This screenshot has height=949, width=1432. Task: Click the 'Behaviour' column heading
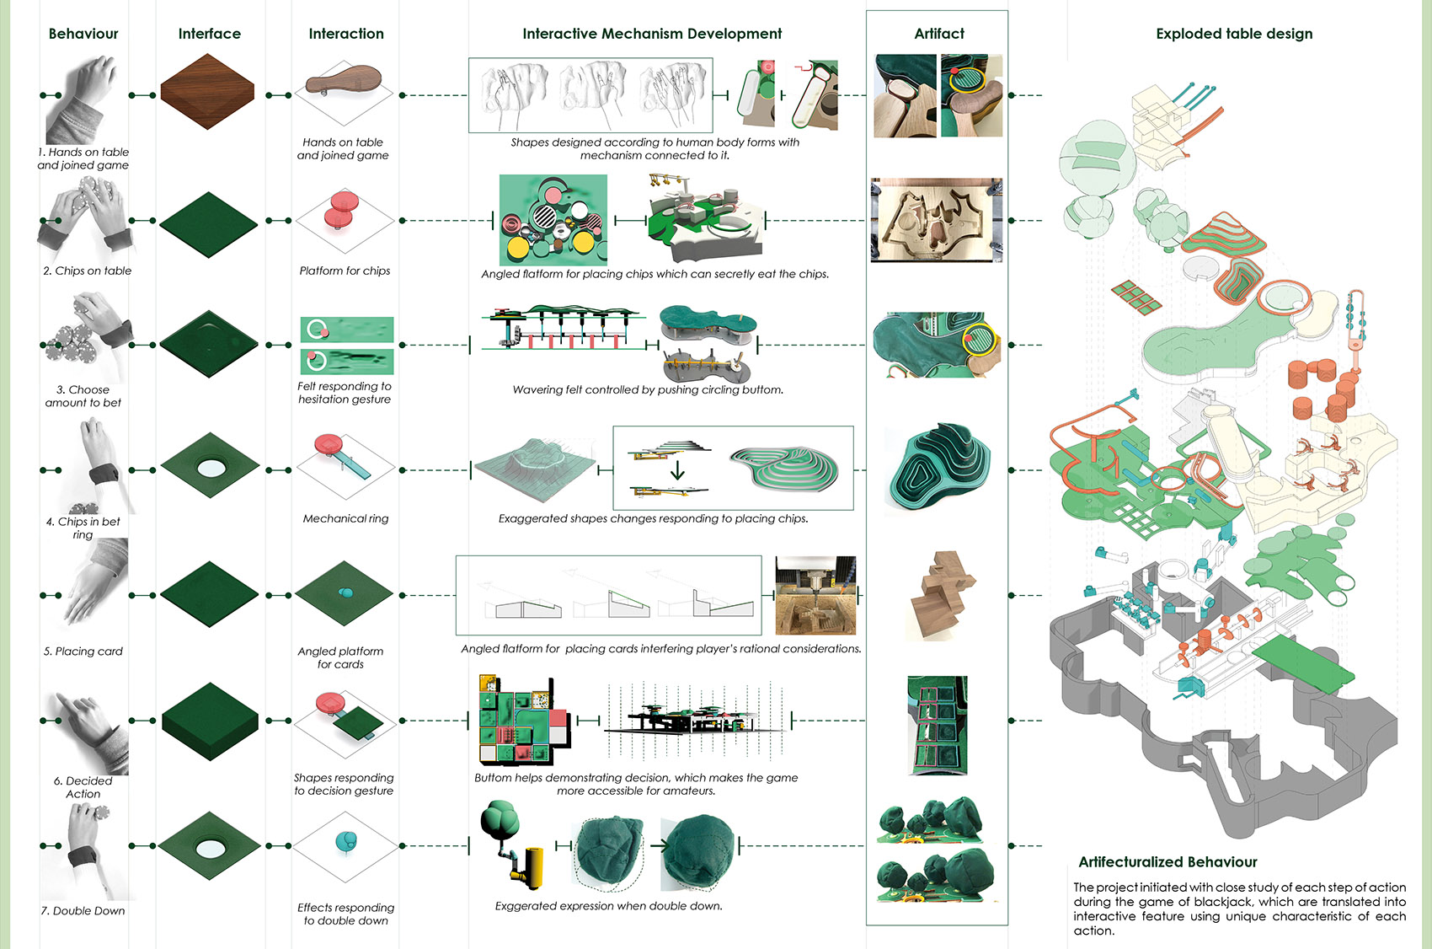(x=83, y=34)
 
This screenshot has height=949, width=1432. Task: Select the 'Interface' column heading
(x=209, y=34)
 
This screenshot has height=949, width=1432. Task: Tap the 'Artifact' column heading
(x=938, y=34)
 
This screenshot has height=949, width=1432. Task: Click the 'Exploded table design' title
(x=1233, y=34)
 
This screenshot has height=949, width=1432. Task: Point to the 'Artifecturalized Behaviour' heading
(x=1168, y=861)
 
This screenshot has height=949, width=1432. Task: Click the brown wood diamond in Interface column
(x=207, y=92)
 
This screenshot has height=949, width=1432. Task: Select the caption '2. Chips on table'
(x=88, y=271)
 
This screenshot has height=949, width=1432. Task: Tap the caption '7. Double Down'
(x=83, y=910)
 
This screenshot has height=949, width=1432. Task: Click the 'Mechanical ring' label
(x=345, y=518)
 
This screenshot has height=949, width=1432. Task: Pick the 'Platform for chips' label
(x=345, y=271)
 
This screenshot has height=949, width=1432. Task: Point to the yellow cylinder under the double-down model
(x=532, y=868)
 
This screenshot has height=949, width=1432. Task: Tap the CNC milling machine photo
(x=815, y=595)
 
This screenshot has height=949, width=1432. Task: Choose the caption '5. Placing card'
(x=83, y=651)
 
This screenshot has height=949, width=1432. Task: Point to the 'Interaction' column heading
(x=345, y=34)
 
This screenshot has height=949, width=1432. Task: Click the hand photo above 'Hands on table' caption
(x=82, y=99)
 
